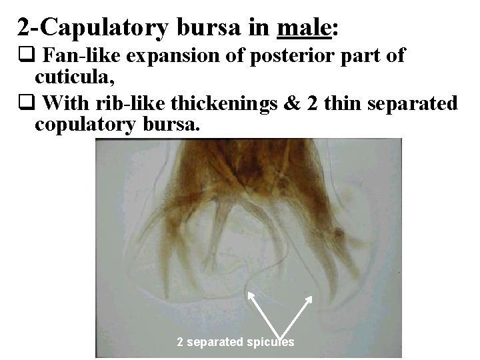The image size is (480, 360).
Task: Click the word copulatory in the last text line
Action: [x=87, y=125]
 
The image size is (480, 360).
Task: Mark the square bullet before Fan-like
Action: [x=23, y=56]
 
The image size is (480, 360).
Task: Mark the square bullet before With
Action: [x=23, y=104]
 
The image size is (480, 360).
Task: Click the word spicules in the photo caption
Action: [x=273, y=343]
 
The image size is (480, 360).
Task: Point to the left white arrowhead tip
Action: [x=249, y=291]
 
